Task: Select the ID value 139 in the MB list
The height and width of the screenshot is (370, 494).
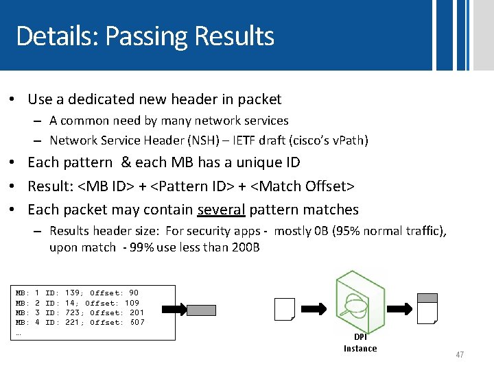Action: pos(72,293)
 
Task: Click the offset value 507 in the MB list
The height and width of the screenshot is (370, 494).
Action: pos(137,322)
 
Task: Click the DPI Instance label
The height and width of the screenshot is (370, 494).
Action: pos(360,343)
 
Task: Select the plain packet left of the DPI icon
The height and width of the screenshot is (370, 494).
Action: pos(284,309)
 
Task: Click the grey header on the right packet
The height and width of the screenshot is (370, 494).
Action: pos(427,297)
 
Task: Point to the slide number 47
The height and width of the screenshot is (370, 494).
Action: pos(459,355)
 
